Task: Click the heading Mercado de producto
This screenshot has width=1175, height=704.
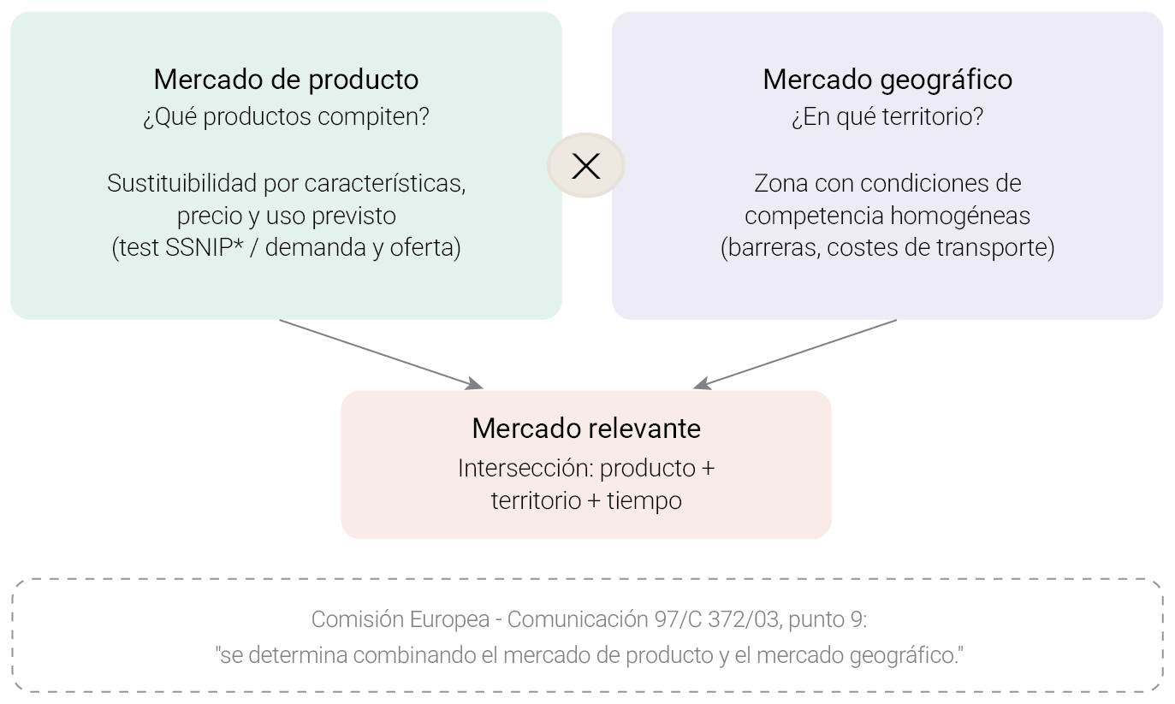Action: coord(286,80)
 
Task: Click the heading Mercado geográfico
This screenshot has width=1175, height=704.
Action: coord(887,80)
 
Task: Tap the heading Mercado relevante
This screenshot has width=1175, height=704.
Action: coord(586,429)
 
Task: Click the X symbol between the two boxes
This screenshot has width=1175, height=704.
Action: coord(586,166)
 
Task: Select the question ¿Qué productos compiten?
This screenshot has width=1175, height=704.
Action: coord(286,116)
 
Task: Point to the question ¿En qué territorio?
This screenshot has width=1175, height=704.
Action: coord(887,116)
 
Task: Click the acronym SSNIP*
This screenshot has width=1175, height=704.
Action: coord(204,247)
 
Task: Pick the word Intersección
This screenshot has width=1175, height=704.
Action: coord(525,468)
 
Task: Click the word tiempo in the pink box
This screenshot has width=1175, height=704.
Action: coord(644,501)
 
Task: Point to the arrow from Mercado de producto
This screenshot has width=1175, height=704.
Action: coord(381,354)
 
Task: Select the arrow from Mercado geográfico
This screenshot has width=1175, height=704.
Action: coord(795,354)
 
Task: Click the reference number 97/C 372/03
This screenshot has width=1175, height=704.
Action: coord(716,619)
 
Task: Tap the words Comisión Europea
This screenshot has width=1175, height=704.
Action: coord(401,619)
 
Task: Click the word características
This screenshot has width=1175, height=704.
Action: coord(385,183)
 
